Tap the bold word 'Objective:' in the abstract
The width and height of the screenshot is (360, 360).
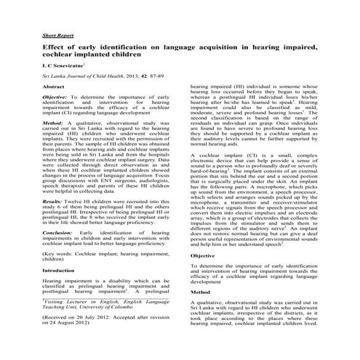click(56, 97)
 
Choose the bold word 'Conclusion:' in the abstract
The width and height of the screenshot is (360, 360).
click(57, 231)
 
